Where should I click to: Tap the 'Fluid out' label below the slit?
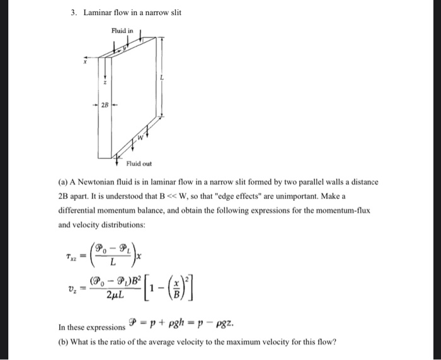(x=139, y=163)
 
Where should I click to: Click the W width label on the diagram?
(x=142, y=135)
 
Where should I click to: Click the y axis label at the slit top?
(x=125, y=45)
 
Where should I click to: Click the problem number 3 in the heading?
(x=72, y=12)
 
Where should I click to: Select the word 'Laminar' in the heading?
(x=98, y=12)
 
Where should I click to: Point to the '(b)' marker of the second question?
(x=65, y=342)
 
